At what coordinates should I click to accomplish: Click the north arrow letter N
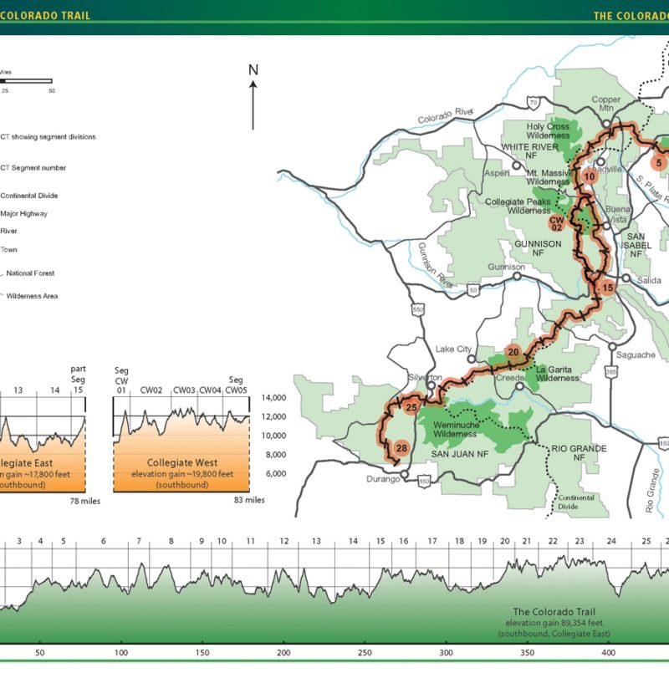tap(253, 69)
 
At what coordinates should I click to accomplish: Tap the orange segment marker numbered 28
tap(401, 449)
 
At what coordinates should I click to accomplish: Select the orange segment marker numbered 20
tap(513, 352)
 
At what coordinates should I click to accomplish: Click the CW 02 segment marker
tap(557, 222)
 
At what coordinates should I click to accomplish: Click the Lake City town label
tap(454, 349)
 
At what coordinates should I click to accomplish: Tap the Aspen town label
tap(497, 173)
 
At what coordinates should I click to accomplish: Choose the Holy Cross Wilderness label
tap(548, 131)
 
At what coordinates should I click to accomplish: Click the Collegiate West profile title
tap(181, 462)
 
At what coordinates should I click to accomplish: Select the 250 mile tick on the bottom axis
tap(365, 653)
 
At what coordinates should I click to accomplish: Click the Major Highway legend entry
tap(23, 213)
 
